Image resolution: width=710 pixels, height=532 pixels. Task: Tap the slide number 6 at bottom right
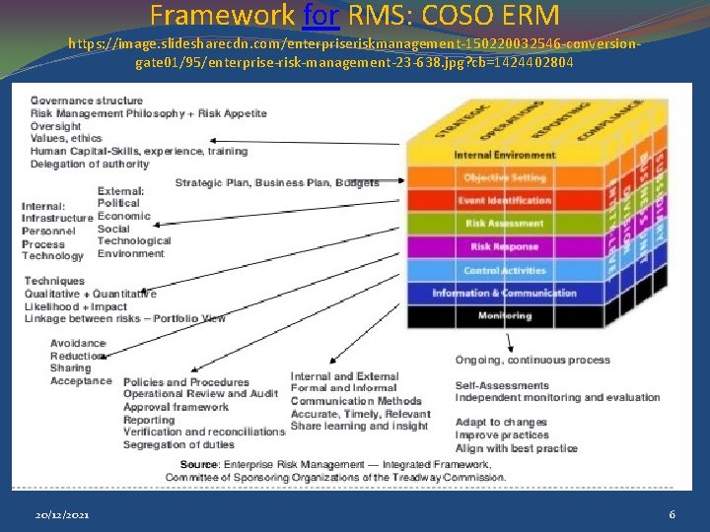point(672,515)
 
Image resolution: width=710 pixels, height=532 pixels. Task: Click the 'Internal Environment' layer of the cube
point(505,156)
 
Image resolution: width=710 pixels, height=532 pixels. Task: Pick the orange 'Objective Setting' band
point(505,178)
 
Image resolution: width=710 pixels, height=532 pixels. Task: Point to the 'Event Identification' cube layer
point(505,201)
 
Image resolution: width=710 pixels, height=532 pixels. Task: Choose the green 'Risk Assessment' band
point(505,224)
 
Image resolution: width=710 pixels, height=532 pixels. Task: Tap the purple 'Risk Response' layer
point(505,247)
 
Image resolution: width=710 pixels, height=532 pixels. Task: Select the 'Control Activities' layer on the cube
point(505,270)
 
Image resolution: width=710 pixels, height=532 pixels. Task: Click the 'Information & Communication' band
point(505,293)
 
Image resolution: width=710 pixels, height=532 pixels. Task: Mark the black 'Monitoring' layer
point(505,315)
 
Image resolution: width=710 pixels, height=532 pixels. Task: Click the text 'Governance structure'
point(87,100)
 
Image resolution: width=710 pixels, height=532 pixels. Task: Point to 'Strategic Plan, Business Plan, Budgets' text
point(277,183)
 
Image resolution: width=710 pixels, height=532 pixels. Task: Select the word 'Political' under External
point(118,203)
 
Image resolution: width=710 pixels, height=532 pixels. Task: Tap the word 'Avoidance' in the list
point(78,343)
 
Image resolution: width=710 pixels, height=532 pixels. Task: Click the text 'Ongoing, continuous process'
point(532,360)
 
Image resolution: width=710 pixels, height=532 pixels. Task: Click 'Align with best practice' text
point(517,448)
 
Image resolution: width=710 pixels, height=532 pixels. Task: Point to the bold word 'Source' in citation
point(199,464)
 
